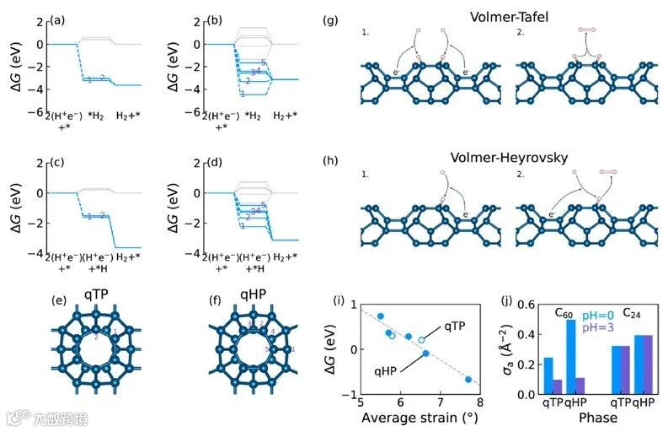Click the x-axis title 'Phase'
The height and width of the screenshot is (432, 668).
pyautogui.click(x=598, y=418)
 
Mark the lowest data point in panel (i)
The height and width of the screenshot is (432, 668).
pyautogui.click(x=468, y=380)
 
